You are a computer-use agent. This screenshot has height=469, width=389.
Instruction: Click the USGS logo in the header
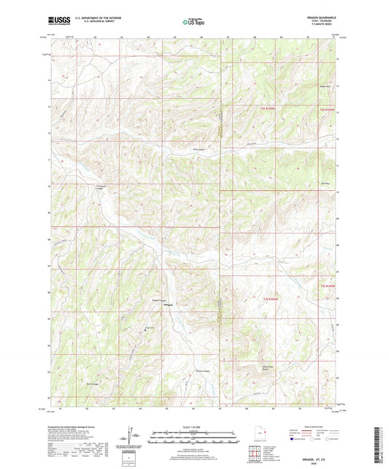point(58,21)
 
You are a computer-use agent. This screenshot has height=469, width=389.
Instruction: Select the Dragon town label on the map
point(167,304)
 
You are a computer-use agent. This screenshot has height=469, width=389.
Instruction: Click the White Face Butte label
point(254,368)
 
